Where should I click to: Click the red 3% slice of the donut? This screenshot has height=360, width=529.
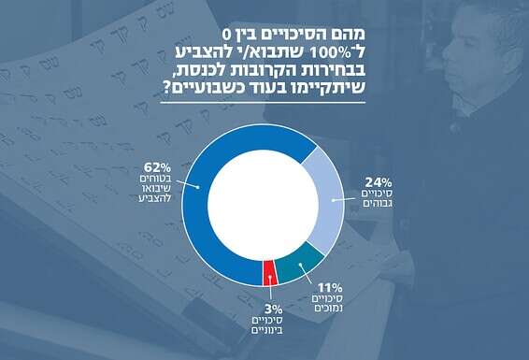pyautogui.click(x=269, y=274)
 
